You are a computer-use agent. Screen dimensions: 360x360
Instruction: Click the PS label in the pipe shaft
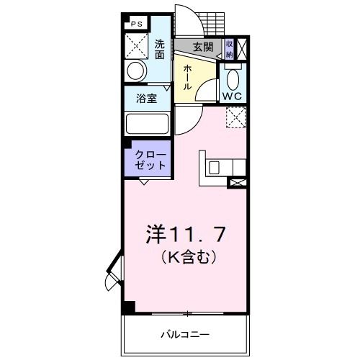coord(137,24)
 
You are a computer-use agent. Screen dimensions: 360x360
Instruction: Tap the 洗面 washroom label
coord(159,50)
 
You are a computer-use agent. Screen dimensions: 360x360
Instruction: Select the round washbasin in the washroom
coord(137,71)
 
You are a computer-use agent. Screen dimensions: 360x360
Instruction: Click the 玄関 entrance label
coord(203,47)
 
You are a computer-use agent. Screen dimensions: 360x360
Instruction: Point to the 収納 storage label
coord(229,49)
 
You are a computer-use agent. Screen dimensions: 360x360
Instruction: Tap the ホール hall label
coord(187,78)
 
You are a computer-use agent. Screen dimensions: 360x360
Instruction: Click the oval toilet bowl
coord(233,80)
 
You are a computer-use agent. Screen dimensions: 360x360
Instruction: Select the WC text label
coord(232,96)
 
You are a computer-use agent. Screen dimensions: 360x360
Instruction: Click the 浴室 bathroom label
coord(147,98)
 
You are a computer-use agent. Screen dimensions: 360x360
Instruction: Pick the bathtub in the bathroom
coord(147,124)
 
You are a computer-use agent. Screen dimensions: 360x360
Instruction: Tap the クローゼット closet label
coord(150,160)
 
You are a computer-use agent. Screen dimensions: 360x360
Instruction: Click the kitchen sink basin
coord(214,168)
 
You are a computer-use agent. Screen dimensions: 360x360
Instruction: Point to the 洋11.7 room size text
coord(186,234)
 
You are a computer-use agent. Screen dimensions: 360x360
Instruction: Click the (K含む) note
coord(189,257)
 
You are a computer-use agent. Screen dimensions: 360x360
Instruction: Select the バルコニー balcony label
coord(185,334)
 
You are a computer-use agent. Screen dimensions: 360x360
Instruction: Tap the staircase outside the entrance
coord(213,24)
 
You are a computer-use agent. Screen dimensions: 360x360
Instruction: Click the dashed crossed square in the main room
coord(236,117)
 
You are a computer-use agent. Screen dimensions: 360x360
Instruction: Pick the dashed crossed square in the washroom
coord(137,46)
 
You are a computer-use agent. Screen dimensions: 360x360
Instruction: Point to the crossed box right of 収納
coord(242,49)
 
